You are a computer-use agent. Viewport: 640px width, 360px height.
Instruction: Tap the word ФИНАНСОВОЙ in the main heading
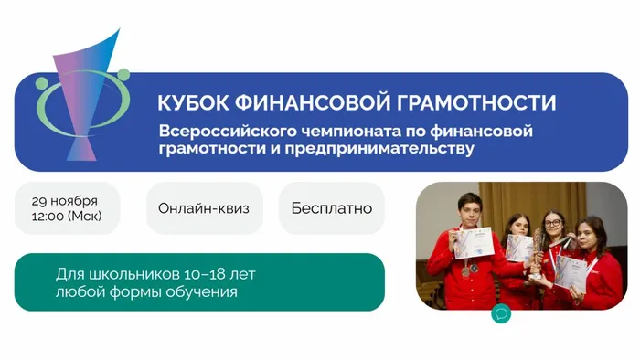tap(310, 102)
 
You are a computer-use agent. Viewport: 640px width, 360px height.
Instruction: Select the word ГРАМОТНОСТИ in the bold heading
tap(475, 102)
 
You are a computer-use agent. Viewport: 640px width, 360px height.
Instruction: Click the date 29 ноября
tap(64, 201)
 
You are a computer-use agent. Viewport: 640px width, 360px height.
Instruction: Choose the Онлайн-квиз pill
tap(204, 208)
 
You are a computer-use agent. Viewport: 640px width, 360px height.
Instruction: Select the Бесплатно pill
tap(331, 208)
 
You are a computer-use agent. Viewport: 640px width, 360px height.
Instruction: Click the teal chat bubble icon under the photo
tap(500, 313)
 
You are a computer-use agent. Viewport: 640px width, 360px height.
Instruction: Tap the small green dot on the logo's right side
tap(123, 74)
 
